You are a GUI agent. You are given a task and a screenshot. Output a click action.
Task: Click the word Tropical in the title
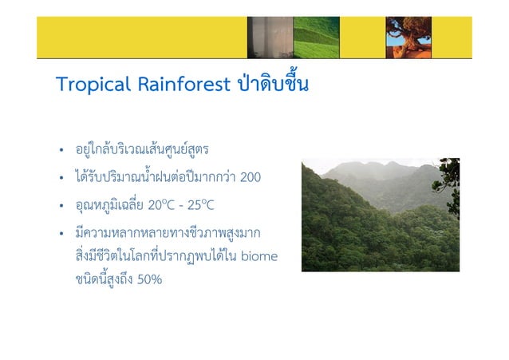point(88,85)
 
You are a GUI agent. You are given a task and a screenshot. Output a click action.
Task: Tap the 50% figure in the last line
point(148,279)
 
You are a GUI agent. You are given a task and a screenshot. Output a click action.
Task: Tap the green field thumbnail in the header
point(317,37)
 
